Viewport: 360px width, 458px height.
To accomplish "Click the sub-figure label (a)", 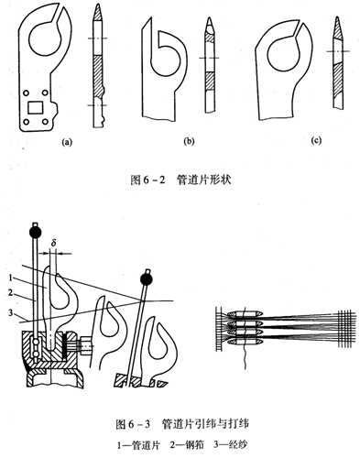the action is point(67,142).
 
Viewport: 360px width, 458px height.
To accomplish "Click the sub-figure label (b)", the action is point(189,141).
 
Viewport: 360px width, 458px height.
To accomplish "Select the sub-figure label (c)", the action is point(316,141).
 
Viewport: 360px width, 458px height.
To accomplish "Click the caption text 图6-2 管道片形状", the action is point(180,180).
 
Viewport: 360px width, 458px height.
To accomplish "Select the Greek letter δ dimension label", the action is point(53,244).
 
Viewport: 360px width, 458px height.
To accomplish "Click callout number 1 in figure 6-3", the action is point(11,278).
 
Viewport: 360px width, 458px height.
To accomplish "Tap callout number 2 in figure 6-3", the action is point(11,293).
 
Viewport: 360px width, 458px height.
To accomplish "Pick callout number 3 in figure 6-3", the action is point(11,312).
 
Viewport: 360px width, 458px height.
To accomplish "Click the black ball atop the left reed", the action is point(35,233).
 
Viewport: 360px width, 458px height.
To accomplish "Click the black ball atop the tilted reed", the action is point(147,278).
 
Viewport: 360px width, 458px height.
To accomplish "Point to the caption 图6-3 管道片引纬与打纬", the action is point(181,424).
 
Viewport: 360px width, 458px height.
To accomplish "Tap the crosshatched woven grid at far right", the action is point(347,329).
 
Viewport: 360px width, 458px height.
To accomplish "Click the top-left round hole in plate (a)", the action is point(27,93).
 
